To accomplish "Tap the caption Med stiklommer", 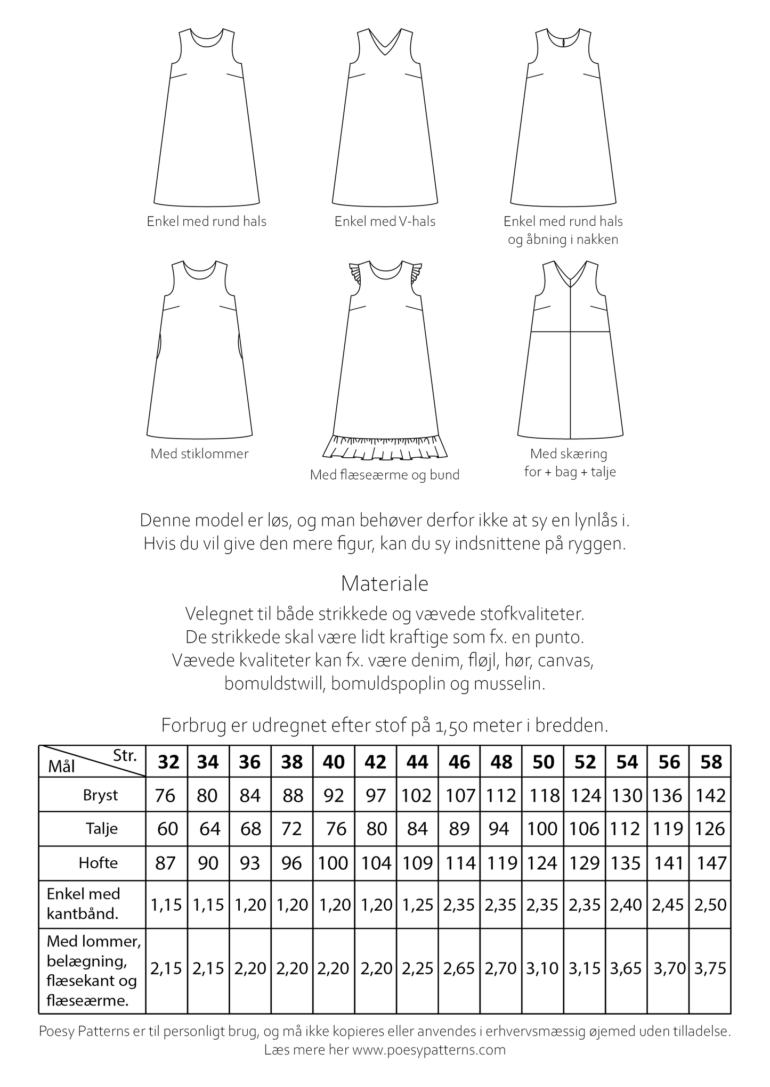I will point(199,454).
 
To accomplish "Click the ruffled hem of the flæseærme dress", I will point(385,448).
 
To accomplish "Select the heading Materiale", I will point(385,584).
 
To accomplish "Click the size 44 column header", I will point(417,762).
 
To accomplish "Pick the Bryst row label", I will point(100,795).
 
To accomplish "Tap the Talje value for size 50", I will point(543,829).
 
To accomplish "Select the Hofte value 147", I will point(711,863).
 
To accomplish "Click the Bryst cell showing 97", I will point(376,796).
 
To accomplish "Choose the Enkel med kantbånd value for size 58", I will point(711,905).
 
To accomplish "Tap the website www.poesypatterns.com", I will point(428,1050).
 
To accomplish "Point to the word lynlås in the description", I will point(597,520).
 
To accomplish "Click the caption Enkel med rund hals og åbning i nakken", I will point(563,230).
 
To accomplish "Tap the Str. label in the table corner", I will point(125,755).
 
